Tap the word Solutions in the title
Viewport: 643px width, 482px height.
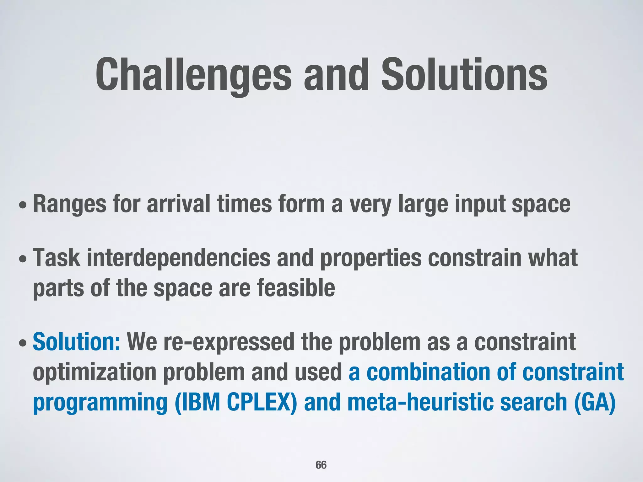coord(464,75)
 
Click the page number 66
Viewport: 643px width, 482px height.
coord(321,465)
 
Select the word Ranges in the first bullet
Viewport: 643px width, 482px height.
coord(69,205)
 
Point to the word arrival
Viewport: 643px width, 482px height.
coord(178,204)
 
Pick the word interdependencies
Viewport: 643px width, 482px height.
coord(178,258)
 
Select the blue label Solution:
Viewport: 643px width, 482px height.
coord(76,342)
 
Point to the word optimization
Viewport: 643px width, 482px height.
coord(94,373)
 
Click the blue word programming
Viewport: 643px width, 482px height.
coord(100,403)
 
